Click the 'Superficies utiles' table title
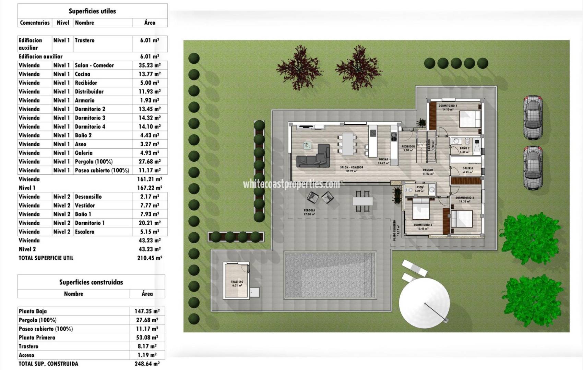point(92,11)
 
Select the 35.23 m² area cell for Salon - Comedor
point(150,65)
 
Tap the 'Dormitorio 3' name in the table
point(90,118)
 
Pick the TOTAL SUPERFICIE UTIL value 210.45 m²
point(150,258)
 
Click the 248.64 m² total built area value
point(147,364)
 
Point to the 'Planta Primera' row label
point(37,337)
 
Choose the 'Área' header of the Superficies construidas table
point(147,294)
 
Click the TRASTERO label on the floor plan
point(237,282)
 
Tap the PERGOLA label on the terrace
point(309,210)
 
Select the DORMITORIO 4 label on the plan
point(448,106)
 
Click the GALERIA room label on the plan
point(467,168)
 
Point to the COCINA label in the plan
point(383,159)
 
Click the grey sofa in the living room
point(313,158)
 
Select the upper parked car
point(533,118)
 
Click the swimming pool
point(330,275)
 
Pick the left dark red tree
point(299,67)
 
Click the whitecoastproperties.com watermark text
point(291,184)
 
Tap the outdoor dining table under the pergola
point(362,200)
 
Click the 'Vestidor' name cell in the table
point(85,206)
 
